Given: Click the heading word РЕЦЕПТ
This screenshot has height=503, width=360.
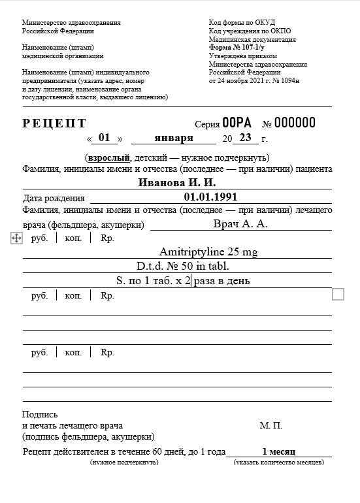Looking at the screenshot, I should (54, 123).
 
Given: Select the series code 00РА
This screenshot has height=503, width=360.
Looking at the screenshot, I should (237, 123).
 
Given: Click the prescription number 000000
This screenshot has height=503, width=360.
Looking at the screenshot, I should (295, 123).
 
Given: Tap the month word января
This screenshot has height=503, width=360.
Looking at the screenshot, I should (174, 138).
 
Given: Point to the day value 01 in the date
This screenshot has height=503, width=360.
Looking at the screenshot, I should (103, 138).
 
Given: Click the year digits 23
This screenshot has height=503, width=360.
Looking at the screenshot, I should (245, 138).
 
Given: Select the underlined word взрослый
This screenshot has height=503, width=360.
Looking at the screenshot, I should (108, 158).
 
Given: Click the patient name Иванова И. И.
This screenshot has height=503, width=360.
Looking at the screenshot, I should (177, 182).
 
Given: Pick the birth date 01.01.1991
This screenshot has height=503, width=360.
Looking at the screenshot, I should (210, 197).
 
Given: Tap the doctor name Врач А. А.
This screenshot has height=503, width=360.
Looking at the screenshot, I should (240, 224).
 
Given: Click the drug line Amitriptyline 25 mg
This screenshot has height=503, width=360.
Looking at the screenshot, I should (208, 252).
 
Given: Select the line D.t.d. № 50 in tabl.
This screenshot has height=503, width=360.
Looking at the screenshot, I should (178, 267).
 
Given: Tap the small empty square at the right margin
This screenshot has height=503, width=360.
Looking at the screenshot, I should (338, 295).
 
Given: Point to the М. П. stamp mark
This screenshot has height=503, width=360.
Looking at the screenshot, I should (270, 425).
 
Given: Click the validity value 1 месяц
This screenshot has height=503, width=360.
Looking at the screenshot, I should (279, 451).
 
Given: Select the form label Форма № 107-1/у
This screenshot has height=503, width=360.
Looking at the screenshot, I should (237, 48).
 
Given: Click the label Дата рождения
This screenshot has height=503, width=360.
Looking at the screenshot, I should (54, 197).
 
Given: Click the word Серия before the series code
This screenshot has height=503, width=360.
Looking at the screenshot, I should (207, 124).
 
